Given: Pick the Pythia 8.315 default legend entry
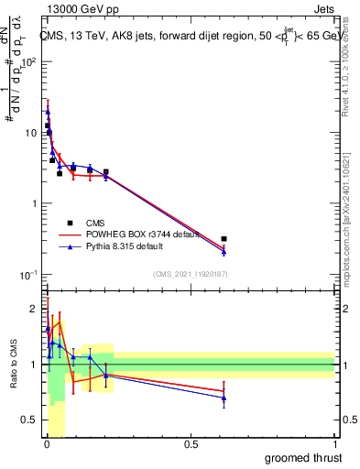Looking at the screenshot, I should click(x=129, y=246).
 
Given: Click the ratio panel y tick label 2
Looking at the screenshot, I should click(x=34, y=308).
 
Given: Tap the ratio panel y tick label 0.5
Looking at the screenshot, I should click(x=29, y=422).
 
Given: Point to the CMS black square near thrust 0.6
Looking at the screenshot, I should click(x=224, y=238).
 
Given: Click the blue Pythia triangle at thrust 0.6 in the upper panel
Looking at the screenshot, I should click(x=224, y=251).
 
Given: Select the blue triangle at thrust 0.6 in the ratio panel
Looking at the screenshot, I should click(x=224, y=398).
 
